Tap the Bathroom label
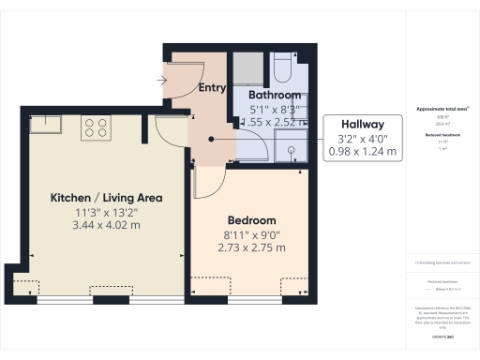coord(275,96)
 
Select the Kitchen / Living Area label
coord(106,198)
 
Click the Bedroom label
coord(248,220)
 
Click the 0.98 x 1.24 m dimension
coord(361,152)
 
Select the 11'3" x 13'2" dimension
coord(106,212)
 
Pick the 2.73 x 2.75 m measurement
coord(248,248)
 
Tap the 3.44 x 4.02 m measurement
coord(106,226)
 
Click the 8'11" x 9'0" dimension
coord(248,234)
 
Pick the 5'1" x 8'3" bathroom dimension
coord(275,109)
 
